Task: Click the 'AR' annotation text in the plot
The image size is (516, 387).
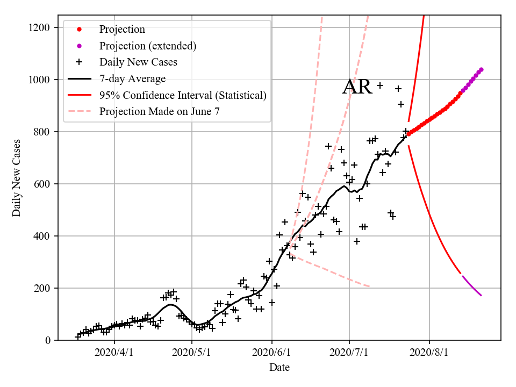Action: (x=357, y=87)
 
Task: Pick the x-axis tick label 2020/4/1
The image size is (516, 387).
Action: (x=114, y=354)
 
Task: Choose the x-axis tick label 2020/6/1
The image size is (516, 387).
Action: (x=272, y=354)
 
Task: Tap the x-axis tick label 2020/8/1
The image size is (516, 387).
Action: (x=429, y=354)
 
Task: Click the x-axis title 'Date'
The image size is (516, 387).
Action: (x=279, y=368)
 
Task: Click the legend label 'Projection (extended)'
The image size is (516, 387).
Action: (x=148, y=46)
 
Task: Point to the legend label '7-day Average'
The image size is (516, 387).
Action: (x=132, y=78)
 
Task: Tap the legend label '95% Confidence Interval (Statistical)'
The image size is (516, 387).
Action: (x=183, y=95)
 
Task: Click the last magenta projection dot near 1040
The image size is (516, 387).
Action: (x=481, y=69)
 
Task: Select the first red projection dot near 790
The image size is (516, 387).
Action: (x=408, y=134)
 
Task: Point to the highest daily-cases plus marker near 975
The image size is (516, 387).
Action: (x=379, y=85)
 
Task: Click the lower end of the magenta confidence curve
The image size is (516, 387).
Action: (x=481, y=295)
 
